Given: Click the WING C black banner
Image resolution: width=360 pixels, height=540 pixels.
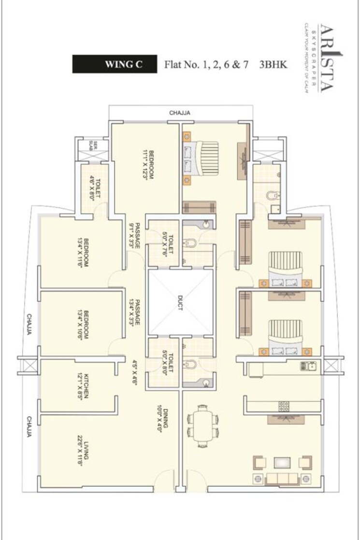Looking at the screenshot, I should coord(115,64).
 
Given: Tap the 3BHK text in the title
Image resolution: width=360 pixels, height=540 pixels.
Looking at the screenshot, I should coord(274,64).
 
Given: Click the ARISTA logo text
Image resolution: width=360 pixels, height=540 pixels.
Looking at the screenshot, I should coord(324,57).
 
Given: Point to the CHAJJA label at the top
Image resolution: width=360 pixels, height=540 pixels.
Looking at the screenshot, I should coord(180,113).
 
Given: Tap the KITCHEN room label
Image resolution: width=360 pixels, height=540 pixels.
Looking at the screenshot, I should coord(84,386).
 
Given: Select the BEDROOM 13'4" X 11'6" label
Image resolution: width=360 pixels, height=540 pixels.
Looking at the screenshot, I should coord(84,253).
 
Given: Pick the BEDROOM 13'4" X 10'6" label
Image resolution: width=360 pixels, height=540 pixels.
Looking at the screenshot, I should coord(84,324).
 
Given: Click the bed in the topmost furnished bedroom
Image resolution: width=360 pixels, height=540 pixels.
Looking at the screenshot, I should coord(201,159).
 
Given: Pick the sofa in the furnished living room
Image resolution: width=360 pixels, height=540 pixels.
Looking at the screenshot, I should coord(282,478).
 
